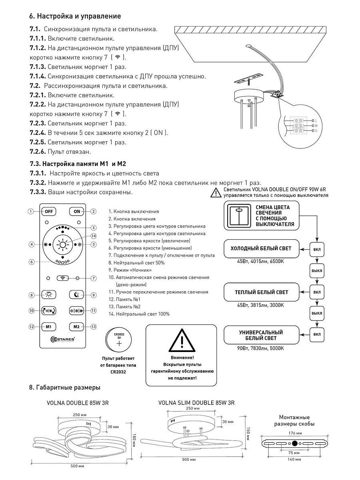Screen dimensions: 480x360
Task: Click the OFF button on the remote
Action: (x=49, y=211)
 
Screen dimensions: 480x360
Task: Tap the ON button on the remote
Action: (x=77, y=211)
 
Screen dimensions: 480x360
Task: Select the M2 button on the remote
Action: (x=77, y=326)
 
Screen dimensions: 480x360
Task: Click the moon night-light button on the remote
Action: (x=77, y=295)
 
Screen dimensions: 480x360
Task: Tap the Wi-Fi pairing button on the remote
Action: (x=63, y=278)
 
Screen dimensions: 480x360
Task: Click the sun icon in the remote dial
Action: (x=63, y=244)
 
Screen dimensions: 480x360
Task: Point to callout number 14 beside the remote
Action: (x=93, y=236)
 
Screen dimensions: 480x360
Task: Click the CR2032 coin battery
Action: (x=118, y=340)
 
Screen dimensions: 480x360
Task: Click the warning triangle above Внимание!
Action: (x=181, y=340)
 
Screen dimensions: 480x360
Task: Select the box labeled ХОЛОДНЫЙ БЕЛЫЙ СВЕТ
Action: (x=261, y=248)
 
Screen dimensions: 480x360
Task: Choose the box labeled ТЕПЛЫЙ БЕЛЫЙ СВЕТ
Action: (x=261, y=292)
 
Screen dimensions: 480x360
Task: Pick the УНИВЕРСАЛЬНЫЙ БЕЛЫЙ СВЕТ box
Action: (x=261, y=336)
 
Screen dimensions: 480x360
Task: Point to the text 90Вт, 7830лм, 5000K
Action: (x=260, y=348)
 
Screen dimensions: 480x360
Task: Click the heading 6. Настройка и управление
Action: (x=75, y=16)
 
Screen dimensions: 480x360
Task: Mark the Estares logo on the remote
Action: (x=63, y=340)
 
